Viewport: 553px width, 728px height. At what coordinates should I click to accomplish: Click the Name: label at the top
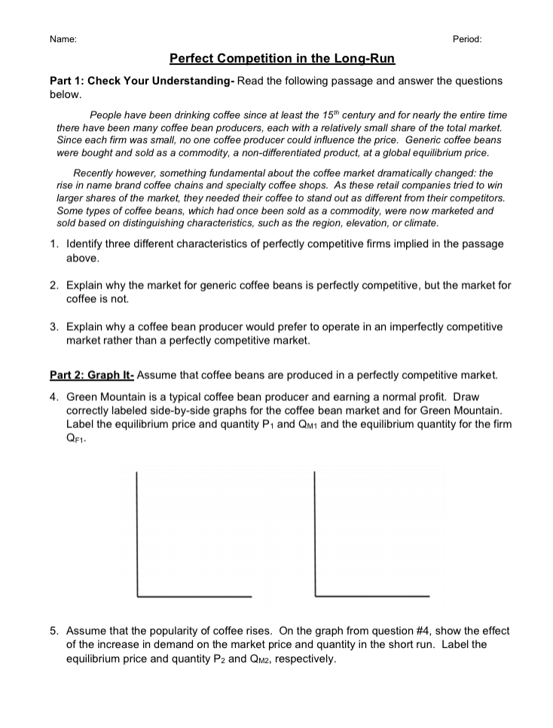click(62, 39)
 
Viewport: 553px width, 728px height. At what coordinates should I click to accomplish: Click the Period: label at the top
click(467, 39)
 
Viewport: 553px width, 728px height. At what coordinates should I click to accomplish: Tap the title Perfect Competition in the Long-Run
click(282, 58)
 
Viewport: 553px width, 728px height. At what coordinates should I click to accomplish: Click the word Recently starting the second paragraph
click(96, 173)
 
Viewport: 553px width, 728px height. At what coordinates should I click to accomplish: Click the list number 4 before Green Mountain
click(54, 396)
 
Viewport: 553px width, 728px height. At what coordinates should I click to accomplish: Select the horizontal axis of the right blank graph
click(372, 596)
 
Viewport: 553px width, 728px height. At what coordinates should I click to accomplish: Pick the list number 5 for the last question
click(54, 631)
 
